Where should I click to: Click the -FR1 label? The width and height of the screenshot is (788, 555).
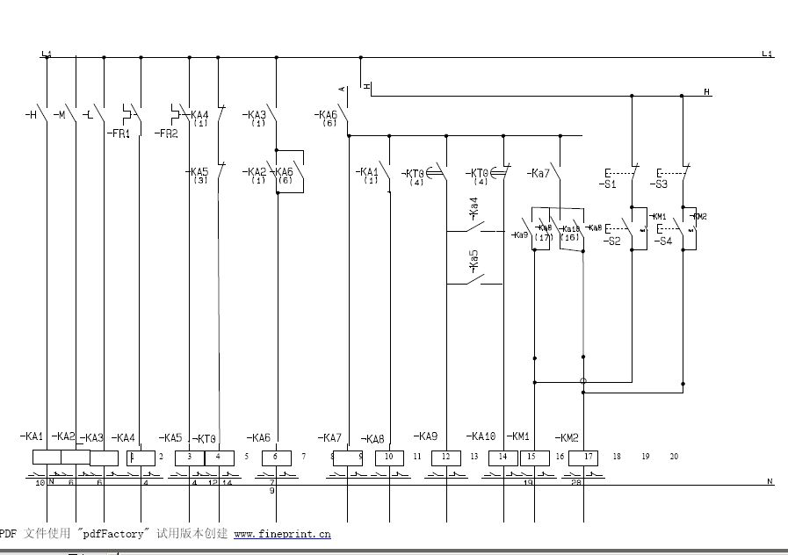(119, 134)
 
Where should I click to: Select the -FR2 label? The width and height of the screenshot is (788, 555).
(166, 134)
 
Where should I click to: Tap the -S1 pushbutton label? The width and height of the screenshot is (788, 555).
(608, 185)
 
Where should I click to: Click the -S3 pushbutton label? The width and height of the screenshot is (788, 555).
(659, 185)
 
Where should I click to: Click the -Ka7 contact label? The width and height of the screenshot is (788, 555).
(539, 173)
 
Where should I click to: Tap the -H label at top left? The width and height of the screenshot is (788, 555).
(31, 115)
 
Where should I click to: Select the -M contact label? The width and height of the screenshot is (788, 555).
(60, 115)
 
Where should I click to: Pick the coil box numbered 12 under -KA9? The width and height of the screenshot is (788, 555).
(445, 458)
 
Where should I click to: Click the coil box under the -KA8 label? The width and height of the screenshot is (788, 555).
(389, 458)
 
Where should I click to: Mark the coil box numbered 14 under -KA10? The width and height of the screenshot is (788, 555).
(502, 458)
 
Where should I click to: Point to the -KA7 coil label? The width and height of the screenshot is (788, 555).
(329, 437)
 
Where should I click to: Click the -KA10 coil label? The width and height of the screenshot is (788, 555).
(482, 436)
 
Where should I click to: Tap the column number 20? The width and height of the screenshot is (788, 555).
(674, 457)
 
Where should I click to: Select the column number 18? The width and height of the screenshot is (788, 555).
(617, 457)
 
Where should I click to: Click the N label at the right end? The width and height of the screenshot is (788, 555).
(770, 482)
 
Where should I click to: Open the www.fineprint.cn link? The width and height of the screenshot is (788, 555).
(282, 533)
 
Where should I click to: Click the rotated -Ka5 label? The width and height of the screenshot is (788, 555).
(474, 260)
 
